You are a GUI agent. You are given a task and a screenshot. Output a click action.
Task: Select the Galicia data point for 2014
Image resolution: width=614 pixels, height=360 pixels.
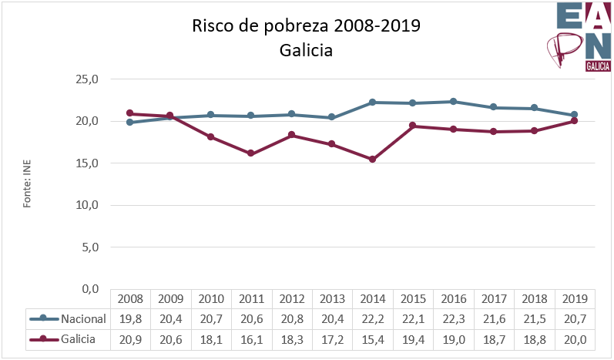[x=372, y=160]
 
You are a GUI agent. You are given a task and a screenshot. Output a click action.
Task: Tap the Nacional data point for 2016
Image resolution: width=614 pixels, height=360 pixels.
[x=453, y=102]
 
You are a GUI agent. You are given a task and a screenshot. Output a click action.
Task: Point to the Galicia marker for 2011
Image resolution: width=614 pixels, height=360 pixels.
[x=250, y=153]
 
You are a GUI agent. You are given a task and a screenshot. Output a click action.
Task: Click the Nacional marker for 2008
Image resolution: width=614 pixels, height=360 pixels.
[x=129, y=123]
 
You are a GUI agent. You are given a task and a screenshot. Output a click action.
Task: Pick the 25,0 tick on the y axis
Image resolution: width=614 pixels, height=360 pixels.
[x=89, y=79]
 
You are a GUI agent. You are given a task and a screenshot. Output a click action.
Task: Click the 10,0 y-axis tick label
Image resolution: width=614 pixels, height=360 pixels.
[x=89, y=205]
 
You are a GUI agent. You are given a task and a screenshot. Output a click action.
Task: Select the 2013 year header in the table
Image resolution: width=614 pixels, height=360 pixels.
[x=331, y=299]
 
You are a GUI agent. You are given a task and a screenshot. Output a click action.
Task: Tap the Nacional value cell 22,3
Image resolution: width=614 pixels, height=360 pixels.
[x=453, y=318]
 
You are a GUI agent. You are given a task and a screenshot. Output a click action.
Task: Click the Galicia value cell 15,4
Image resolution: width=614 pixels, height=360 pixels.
[x=372, y=338]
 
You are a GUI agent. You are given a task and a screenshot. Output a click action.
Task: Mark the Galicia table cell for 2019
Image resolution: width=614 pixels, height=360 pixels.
[x=574, y=338]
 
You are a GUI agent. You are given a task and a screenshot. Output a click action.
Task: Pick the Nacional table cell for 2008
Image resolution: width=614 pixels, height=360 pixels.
[x=129, y=318]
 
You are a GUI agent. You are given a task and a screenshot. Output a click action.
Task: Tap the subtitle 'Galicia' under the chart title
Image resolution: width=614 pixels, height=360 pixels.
[x=307, y=51]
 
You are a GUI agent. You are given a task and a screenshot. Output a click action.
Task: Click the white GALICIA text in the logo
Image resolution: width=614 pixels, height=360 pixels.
[x=599, y=66]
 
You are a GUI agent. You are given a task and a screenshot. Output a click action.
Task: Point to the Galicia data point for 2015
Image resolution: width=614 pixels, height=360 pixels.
[x=412, y=126]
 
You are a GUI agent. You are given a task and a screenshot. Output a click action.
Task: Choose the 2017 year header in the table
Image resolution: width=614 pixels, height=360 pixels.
[x=493, y=299]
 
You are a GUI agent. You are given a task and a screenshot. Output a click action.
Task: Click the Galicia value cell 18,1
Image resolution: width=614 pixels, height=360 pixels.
[x=210, y=338]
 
